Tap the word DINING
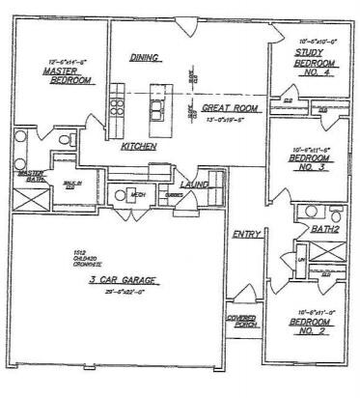(x=144, y=58)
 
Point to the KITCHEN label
(x=139, y=146)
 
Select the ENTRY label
(x=242, y=234)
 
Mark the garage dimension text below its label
(x=123, y=291)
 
